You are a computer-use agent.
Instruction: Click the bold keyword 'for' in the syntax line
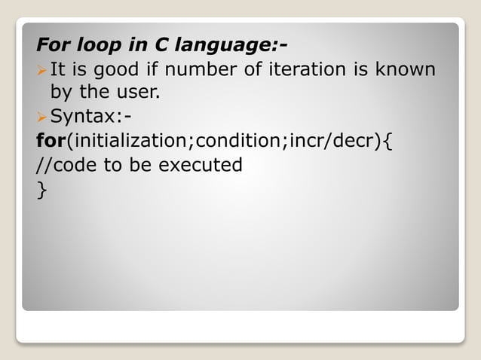pos(52,141)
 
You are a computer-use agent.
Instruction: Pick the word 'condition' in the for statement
pos(240,141)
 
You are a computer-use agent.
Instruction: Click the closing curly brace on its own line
pos(41,190)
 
